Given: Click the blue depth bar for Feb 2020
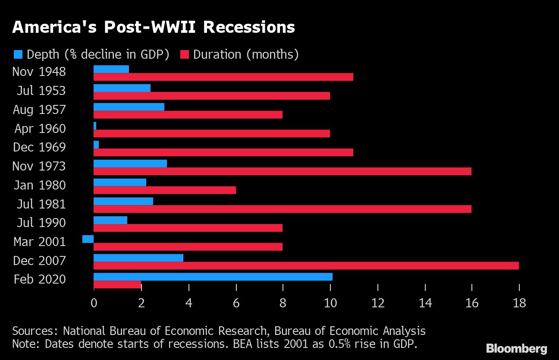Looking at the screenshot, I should (213, 277).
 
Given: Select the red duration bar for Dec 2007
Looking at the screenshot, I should (306, 265).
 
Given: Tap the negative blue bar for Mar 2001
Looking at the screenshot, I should (88, 239).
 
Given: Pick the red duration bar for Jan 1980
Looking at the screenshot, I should (165, 190).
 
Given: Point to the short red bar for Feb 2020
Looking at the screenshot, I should (117, 284).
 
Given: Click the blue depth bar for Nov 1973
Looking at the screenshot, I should (130, 163).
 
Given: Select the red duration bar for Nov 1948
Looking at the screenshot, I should (223, 77).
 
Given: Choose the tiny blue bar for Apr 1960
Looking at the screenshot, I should (95, 126).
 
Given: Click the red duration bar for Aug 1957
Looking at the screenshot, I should (188, 114).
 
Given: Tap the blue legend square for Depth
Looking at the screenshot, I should (18, 54).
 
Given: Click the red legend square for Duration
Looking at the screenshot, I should (185, 54).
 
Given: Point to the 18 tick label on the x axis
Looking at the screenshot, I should (519, 303).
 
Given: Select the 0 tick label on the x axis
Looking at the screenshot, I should (94, 303).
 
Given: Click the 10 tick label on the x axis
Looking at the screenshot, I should (330, 303).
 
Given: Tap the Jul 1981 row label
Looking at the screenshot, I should (41, 204).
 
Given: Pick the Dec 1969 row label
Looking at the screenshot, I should (39, 147).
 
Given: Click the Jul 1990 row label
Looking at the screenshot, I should (41, 223).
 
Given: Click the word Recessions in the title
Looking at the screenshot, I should (249, 27).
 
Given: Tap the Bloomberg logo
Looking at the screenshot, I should (516, 348).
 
